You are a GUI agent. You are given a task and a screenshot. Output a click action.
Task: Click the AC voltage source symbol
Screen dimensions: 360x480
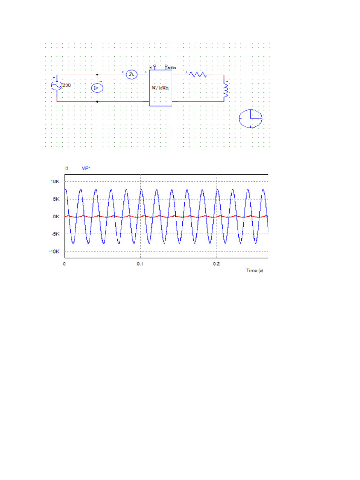[x=57, y=86]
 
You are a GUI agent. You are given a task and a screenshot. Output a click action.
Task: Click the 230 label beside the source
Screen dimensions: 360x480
[x=67, y=85]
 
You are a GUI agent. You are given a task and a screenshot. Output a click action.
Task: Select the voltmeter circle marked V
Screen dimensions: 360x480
[x=97, y=88]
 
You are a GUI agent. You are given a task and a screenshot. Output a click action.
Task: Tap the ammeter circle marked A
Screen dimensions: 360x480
[x=132, y=75]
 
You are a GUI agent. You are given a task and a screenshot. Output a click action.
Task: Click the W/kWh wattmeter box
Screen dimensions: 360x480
[x=160, y=87]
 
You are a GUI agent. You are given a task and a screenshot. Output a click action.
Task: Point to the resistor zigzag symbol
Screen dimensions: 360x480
[x=198, y=74]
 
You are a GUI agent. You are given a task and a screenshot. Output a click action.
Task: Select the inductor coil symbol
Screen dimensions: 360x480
[x=225, y=90]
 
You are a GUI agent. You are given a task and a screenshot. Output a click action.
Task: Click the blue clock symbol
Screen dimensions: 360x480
[x=251, y=119]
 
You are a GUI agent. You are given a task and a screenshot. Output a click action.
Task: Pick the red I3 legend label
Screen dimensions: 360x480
[x=66, y=168]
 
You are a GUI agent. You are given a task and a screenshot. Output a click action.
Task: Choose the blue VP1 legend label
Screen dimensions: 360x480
[x=87, y=168]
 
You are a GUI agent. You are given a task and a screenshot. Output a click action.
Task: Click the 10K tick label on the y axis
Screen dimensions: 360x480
[x=55, y=181]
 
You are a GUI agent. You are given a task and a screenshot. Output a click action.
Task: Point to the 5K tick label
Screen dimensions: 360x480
[x=56, y=199]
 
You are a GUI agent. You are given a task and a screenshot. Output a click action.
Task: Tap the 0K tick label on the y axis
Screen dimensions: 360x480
[x=56, y=217]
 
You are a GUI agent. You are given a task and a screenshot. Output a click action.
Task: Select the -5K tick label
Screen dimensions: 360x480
[x=55, y=234]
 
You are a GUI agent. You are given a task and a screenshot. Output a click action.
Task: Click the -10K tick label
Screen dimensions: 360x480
[x=54, y=252]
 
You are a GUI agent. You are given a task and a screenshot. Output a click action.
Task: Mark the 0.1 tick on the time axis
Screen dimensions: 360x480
[x=140, y=264]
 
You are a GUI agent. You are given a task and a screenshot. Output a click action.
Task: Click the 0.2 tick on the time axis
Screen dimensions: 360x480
[x=216, y=264]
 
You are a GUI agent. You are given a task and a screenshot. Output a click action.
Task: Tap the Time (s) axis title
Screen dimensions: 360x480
[x=255, y=271]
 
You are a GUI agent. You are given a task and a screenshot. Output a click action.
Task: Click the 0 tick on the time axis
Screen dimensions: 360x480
[x=65, y=264]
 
